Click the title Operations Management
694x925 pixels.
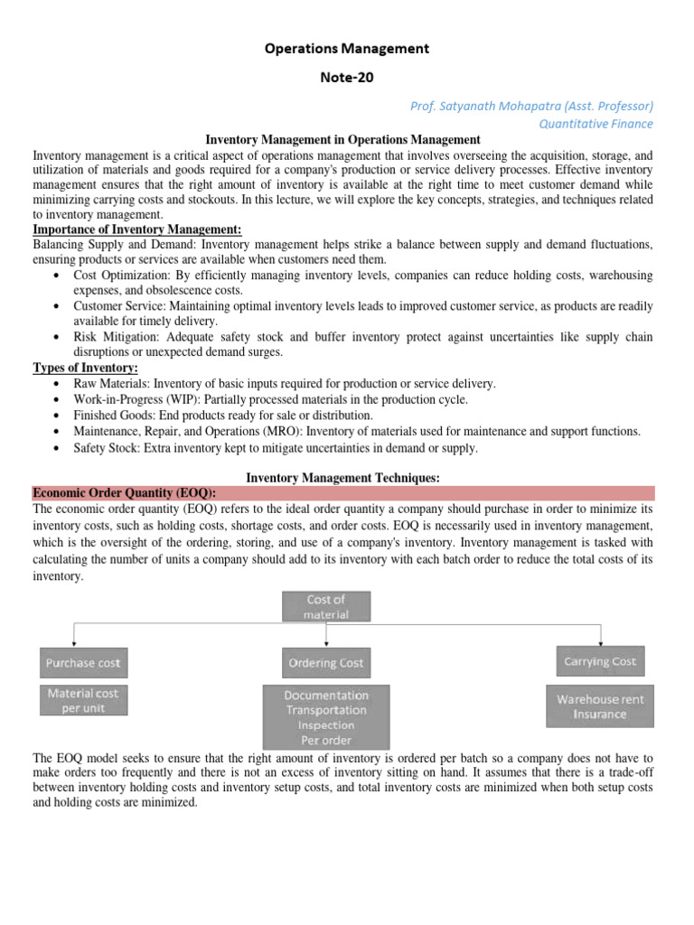pyautogui.click(x=347, y=48)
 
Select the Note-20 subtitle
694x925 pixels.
pyautogui.click(x=347, y=79)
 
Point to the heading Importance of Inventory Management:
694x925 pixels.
pyautogui.click(x=137, y=229)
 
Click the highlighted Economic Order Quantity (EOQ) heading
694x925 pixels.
pyautogui.click(x=124, y=492)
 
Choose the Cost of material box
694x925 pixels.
pyautogui.click(x=326, y=606)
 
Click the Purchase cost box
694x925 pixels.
pyautogui.click(x=83, y=663)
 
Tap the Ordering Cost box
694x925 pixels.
pyautogui.click(x=326, y=663)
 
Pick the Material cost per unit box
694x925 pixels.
pyautogui.click(x=83, y=701)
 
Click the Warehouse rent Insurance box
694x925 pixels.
pyautogui.click(x=599, y=706)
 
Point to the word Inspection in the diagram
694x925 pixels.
pyautogui.click(x=326, y=724)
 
